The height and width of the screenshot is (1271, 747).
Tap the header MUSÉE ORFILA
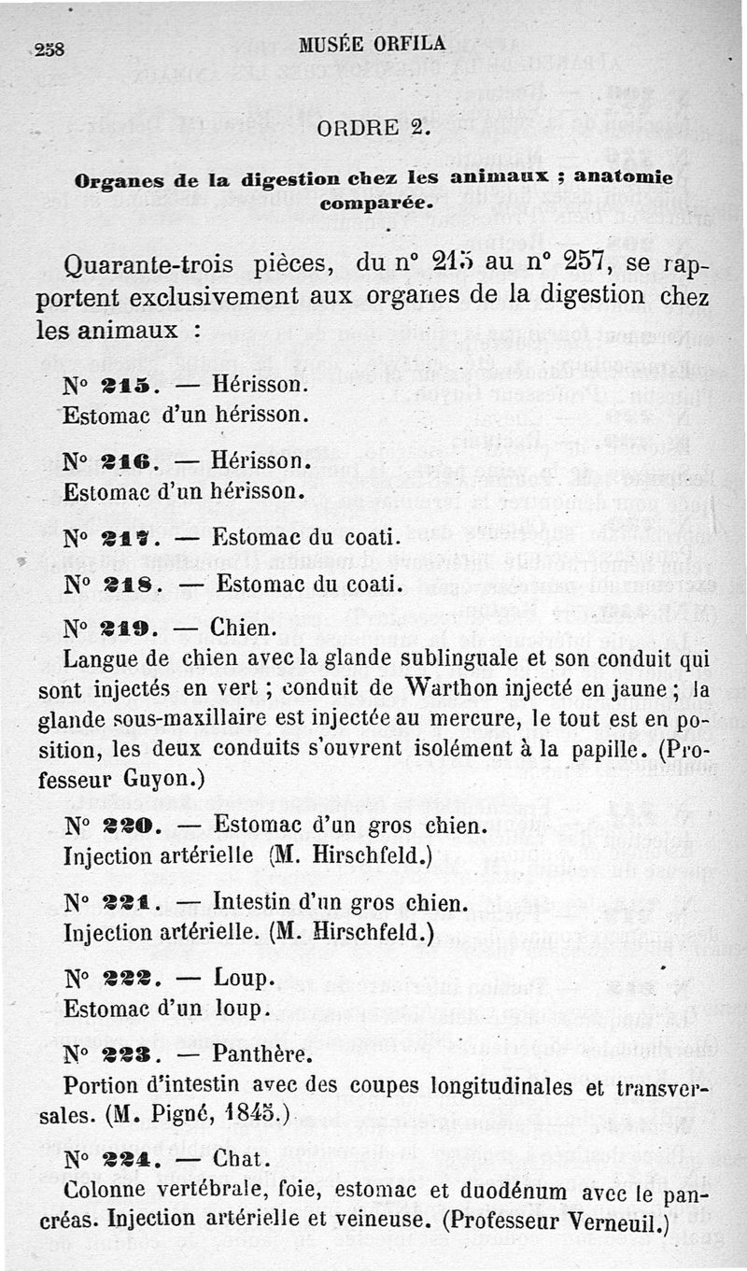[x=372, y=43]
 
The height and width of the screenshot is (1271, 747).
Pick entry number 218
[x=127, y=586]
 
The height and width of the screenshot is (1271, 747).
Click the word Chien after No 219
[x=241, y=627]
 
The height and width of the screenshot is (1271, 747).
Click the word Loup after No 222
[x=243, y=978]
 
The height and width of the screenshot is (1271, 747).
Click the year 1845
[x=247, y=1114]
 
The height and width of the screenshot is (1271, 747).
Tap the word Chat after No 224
[x=242, y=1161]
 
